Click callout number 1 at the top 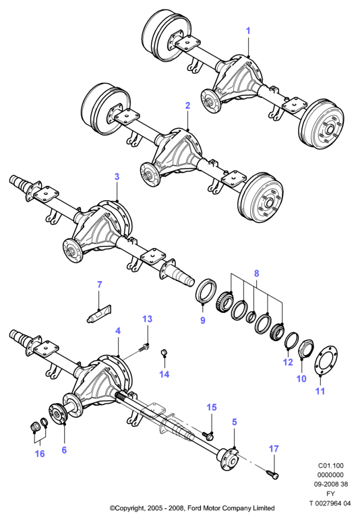coord(248,31)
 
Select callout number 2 coord(188,106)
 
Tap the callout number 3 coord(117,177)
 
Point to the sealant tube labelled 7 coord(98,314)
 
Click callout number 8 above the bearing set coord(257,274)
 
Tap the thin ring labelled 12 coord(291,340)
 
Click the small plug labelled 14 coord(164,353)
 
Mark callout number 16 coord(40,454)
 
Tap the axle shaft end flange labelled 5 coord(229,459)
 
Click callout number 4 coord(118,331)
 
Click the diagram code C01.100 coord(331,466)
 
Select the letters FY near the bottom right coord(331,494)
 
